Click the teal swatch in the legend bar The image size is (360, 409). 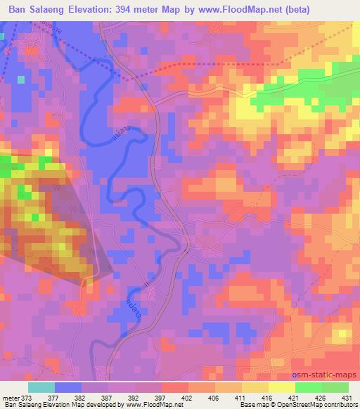(41, 387)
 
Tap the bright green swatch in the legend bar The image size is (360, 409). (308, 387)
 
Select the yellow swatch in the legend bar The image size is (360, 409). (281, 387)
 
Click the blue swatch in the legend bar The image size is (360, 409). (67, 387)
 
